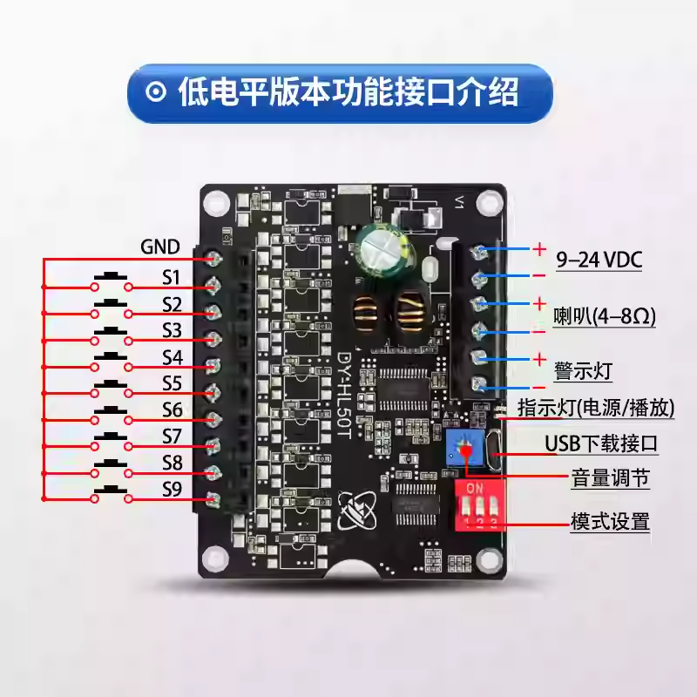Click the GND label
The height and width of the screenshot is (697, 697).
click(x=160, y=247)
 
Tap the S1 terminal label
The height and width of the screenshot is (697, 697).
click(x=171, y=277)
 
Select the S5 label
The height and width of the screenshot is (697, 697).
click(x=172, y=383)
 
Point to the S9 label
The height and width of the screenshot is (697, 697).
click(x=172, y=490)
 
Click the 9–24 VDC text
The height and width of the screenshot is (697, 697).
click(x=599, y=260)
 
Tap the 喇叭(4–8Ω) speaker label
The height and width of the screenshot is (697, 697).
click(x=605, y=316)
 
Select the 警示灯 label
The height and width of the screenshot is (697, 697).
click(x=583, y=371)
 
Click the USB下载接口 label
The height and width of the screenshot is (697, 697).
click(x=601, y=443)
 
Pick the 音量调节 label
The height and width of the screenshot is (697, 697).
click(x=611, y=478)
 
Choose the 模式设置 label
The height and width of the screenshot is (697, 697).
click(x=611, y=521)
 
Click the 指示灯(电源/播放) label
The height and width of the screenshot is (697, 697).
click(x=596, y=408)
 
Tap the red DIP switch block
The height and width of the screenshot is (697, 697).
click(x=480, y=505)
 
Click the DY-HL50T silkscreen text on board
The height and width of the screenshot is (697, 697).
click(x=344, y=396)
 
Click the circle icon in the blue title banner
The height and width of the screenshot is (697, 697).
click(x=156, y=92)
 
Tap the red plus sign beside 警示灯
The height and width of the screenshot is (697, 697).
click(x=539, y=359)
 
